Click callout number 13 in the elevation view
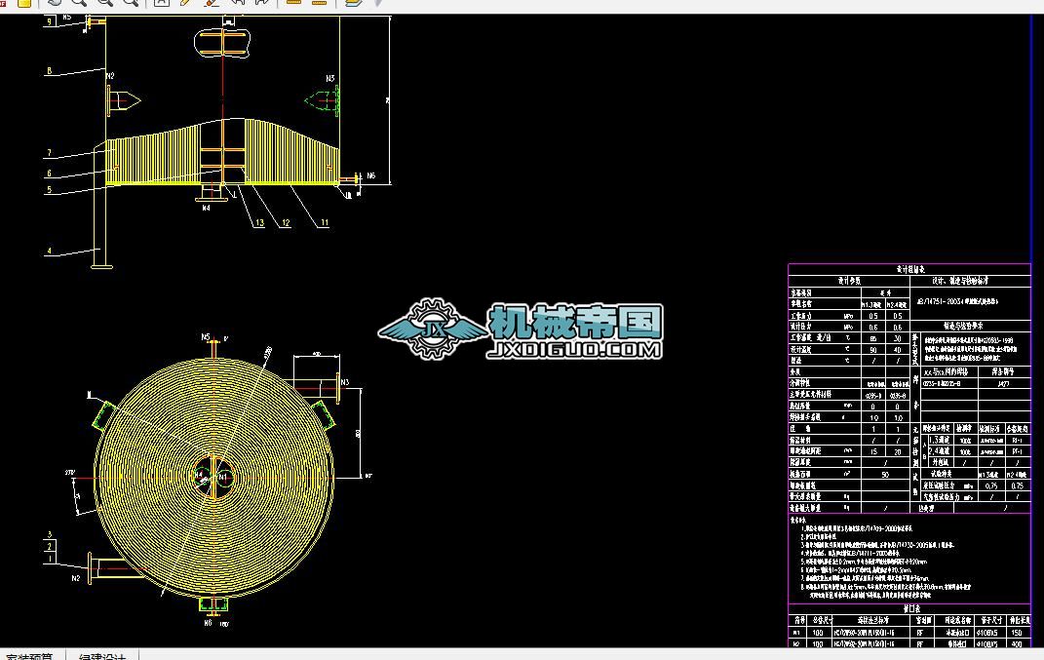click(259, 223)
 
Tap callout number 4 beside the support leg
click(48, 251)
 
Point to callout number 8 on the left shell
click(48, 71)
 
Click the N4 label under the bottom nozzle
click(206, 208)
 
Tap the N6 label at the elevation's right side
click(370, 176)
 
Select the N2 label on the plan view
click(76, 578)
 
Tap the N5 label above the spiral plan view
click(206, 337)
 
